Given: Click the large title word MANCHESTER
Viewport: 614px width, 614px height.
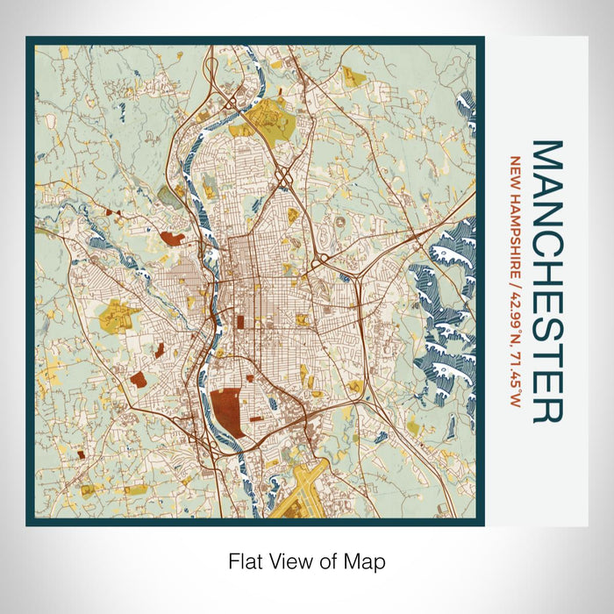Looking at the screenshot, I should pos(547,281).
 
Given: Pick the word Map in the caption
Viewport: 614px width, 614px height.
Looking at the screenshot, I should pos(367,560).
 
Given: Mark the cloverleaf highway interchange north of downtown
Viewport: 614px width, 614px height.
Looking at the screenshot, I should pos(285,177).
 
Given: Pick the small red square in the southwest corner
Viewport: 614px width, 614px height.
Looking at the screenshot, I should pos(81,454).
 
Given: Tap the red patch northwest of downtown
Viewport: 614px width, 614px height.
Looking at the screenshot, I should pos(172,238).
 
